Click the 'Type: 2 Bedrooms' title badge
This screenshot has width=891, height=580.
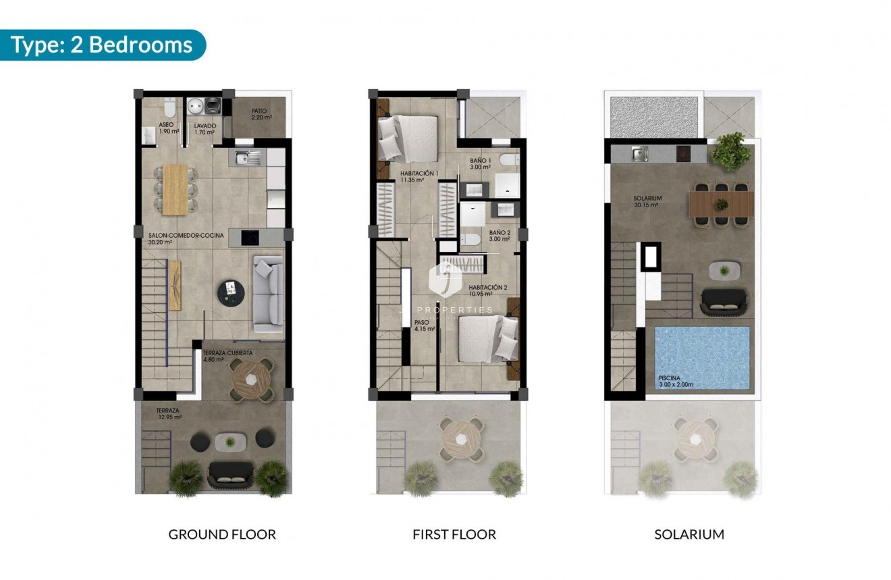pyautogui.click(x=103, y=45)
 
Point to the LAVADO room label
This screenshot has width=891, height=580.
pyautogui.click(x=205, y=129)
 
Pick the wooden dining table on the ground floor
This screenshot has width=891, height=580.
pyautogui.click(x=175, y=188)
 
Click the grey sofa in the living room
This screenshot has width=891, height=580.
pyautogui.click(x=267, y=294)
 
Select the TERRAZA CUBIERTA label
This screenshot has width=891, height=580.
pyautogui.click(x=228, y=356)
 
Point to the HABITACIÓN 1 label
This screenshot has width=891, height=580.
pyautogui.click(x=419, y=176)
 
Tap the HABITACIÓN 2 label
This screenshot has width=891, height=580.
pyautogui.click(x=487, y=290)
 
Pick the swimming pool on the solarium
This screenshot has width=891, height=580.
pyautogui.click(x=702, y=358)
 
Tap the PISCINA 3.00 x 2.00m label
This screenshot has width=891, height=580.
pyautogui.click(x=676, y=381)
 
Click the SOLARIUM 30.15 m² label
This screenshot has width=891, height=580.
pyautogui.click(x=647, y=202)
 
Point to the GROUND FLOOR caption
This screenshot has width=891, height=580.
pyautogui.click(x=222, y=535)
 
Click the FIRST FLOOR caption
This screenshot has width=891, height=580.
pyautogui.click(x=454, y=535)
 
